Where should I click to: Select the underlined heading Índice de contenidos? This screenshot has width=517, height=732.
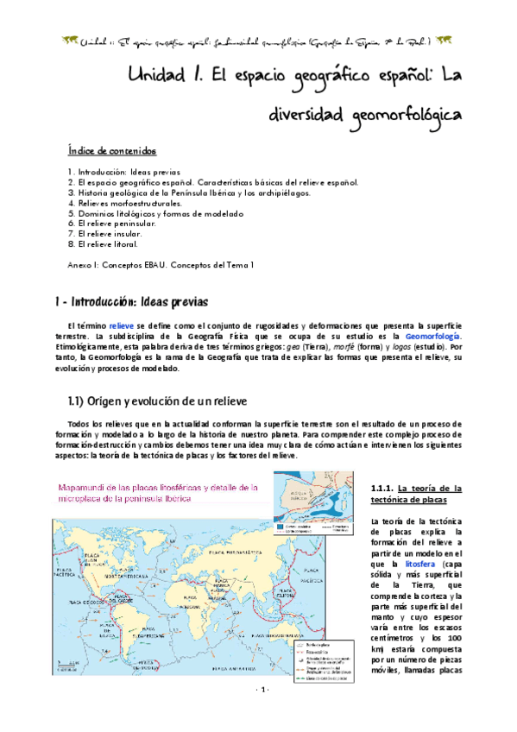tap(113, 151)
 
